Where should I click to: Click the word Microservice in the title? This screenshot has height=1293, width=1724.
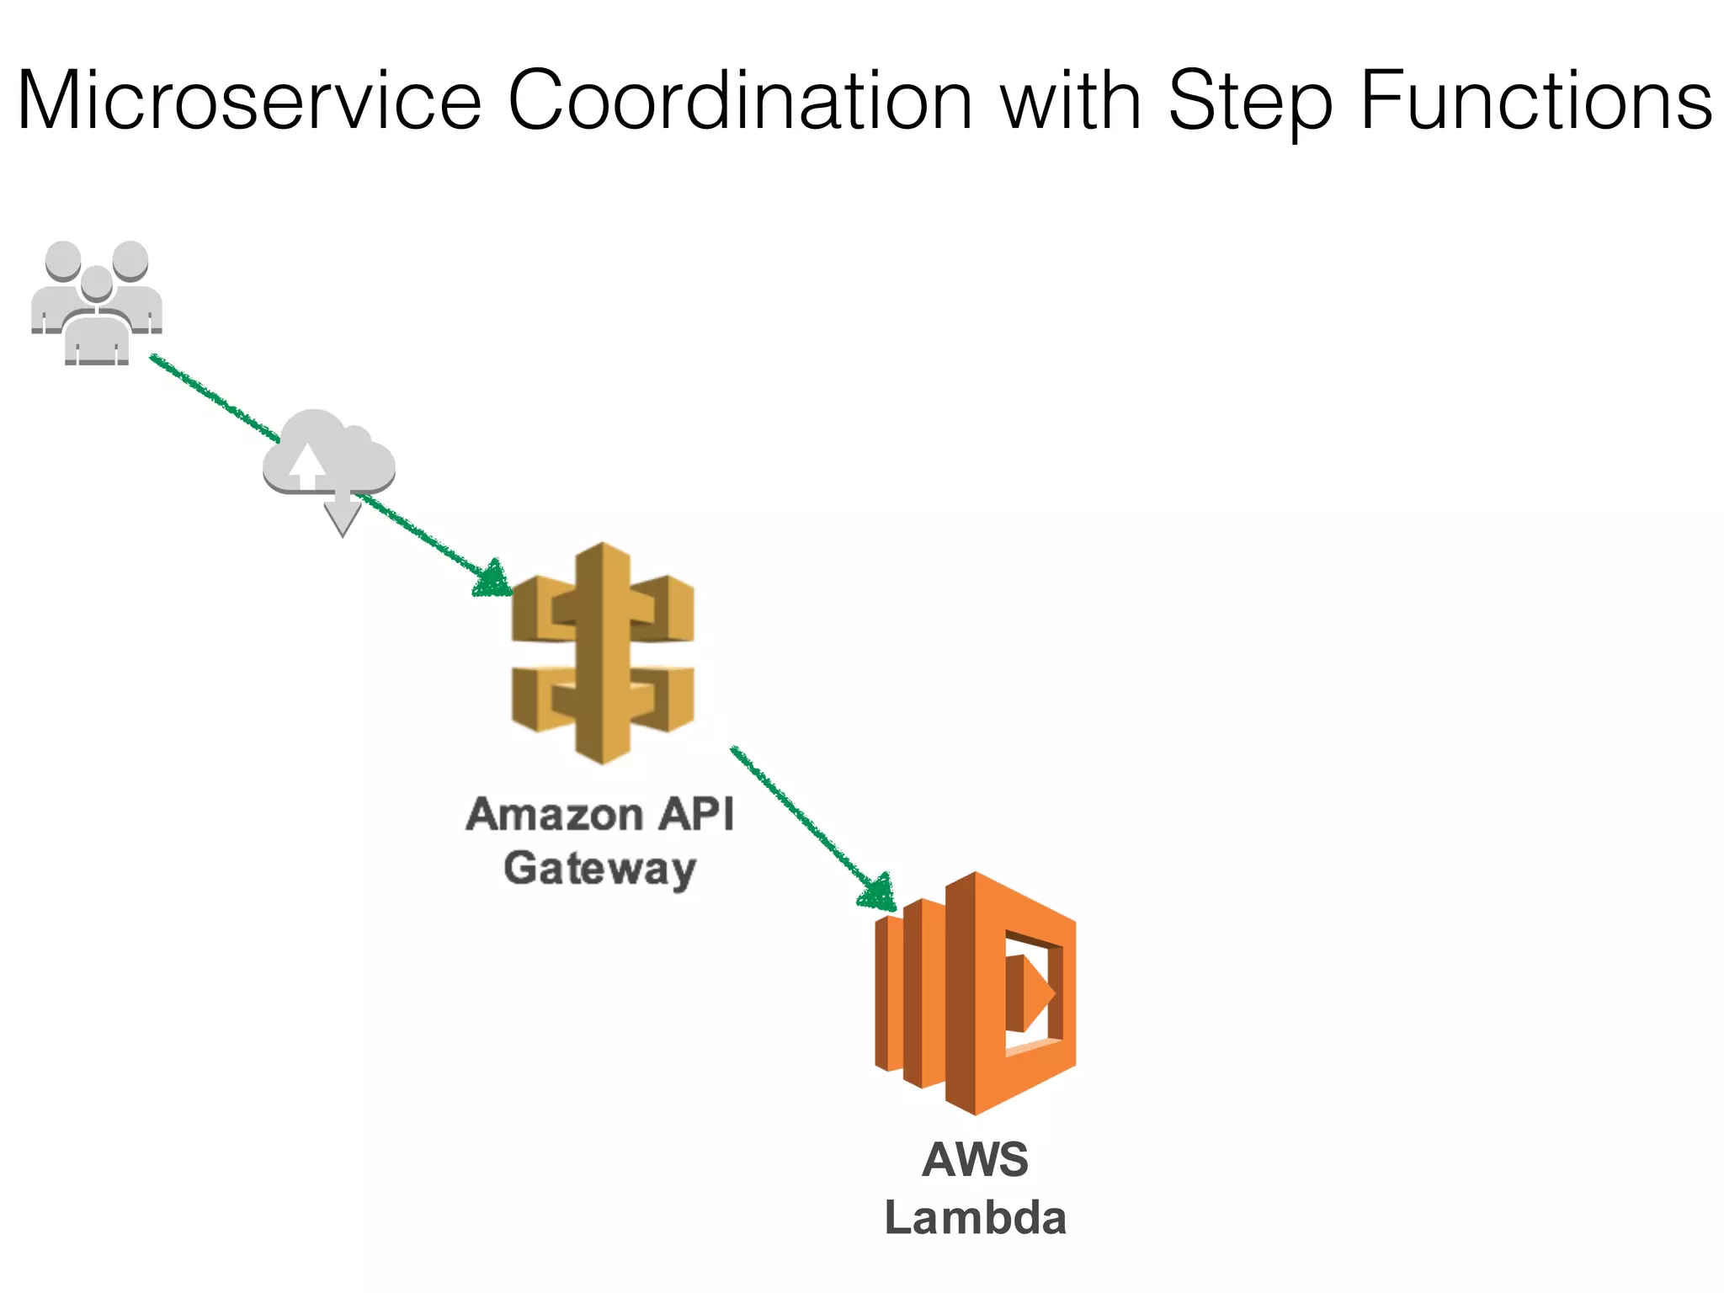249,101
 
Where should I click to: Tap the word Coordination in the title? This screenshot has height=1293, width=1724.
740,101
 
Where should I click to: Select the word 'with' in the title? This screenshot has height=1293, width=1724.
1070,101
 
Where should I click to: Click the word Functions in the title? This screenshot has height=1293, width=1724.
1535,101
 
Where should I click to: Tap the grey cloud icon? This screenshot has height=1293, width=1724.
328,455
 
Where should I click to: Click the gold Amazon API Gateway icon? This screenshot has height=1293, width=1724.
603,653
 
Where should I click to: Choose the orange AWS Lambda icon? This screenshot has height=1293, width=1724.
976,993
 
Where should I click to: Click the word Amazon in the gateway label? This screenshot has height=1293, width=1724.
555,815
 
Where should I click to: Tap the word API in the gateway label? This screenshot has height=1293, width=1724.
696,814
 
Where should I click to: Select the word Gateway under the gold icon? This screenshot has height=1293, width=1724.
599,869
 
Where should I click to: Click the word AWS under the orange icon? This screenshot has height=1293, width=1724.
975,1160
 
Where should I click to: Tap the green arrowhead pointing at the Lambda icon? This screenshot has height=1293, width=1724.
878,892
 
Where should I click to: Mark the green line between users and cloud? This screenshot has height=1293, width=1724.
215,398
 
